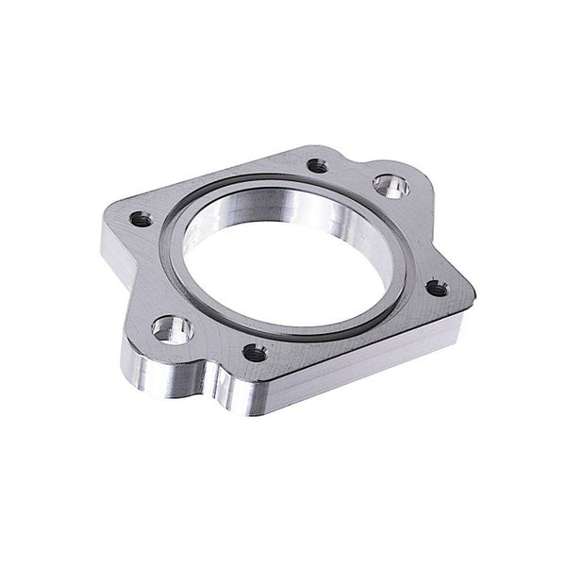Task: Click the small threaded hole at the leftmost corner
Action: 140,219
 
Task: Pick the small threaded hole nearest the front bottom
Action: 254,353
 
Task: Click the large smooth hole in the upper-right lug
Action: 388,185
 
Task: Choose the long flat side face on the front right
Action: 377,358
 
